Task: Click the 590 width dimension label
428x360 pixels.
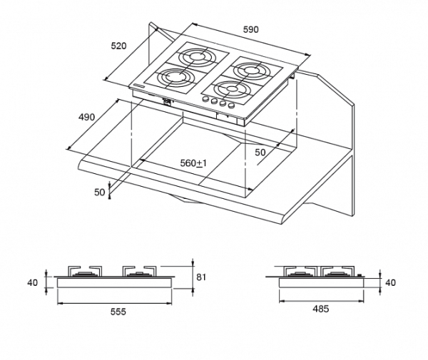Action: click(250, 29)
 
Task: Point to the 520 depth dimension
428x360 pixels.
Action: click(118, 46)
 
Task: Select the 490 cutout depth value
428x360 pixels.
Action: click(86, 118)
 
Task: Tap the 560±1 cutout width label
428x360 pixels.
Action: click(193, 163)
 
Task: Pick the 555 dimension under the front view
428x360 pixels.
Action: click(118, 312)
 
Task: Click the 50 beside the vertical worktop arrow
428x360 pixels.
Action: click(100, 192)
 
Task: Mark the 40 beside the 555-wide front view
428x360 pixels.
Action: click(33, 282)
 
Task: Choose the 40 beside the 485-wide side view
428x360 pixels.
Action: click(390, 282)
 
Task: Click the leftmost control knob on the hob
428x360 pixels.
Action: click(205, 101)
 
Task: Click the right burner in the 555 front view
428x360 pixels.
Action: click(139, 272)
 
